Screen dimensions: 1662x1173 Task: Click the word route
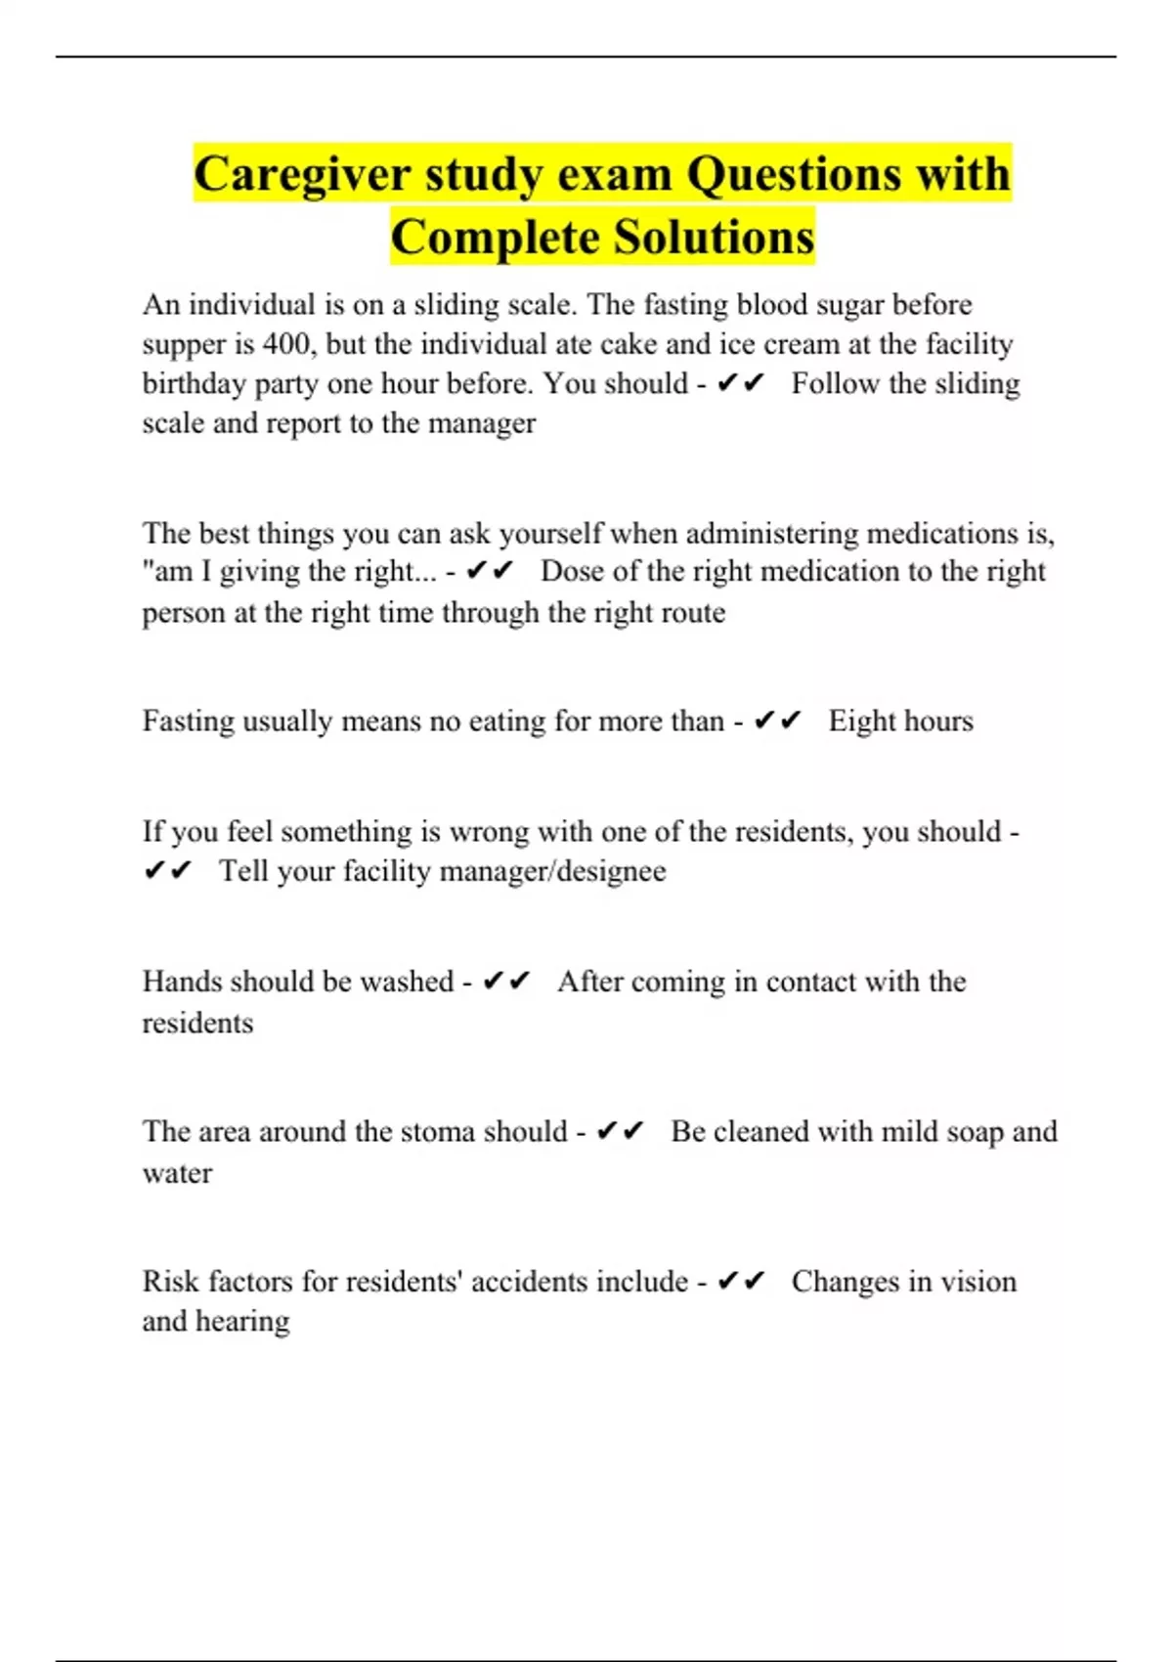tap(693, 613)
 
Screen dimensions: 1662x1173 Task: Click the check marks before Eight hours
tap(778, 722)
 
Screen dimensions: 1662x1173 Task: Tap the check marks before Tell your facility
tap(168, 870)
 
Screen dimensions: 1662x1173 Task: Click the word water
tap(177, 1173)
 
